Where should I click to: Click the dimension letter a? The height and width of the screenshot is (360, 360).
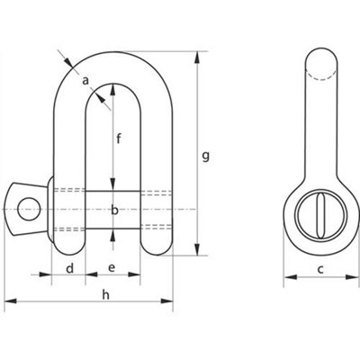(85, 81)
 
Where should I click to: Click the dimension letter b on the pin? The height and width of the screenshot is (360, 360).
(114, 210)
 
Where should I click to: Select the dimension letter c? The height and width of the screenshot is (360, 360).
(320, 269)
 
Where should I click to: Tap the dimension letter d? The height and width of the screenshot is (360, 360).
(69, 268)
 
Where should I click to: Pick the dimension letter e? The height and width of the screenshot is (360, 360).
(112, 267)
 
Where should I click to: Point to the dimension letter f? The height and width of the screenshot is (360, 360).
(119, 139)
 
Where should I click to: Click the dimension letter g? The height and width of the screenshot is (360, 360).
(205, 157)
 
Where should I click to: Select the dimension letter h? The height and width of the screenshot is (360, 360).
(105, 295)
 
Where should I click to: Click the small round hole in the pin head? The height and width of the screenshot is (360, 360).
(29, 209)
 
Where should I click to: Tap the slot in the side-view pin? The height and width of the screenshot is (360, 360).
(320, 215)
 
